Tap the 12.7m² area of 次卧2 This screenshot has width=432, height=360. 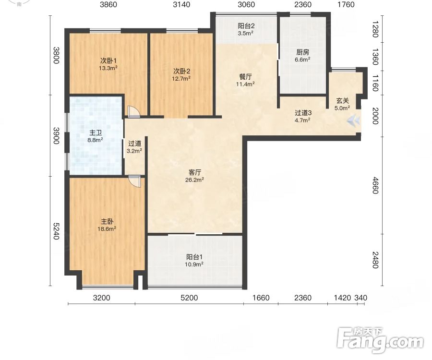pyautogui.click(x=181, y=79)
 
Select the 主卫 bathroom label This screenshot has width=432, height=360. pyautogui.click(x=96, y=133)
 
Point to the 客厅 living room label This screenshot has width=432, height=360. pyautogui.click(x=195, y=173)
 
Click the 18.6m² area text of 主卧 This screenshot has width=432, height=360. pyautogui.click(x=107, y=229)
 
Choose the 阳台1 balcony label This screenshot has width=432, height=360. pyautogui.click(x=194, y=257)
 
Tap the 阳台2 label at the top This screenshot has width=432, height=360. pyautogui.click(x=246, y=26)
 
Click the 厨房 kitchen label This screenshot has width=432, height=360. pyautogui.click(x=302, y=52)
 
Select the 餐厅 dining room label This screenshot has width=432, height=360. pyautogui.click(x=245, y=77)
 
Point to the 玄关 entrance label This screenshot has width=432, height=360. pyautogui.click(x=342, y=101)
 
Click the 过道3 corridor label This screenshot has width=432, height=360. pyautogui.click(x=303, y=113)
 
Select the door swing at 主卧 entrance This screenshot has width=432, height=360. pyautogui.click(x=135, y=182)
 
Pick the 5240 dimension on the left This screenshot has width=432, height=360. pyautogui.click(x=56, y=231)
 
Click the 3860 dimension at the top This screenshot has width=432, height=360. pyautogui.click(x=108, y=5)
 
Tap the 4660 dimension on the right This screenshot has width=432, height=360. pyautogui.click(x=375, y=185)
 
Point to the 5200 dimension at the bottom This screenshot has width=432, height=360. pyautogui.click(x=189, y=298)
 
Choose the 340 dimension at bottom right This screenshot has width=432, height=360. pyautogui.click(x=360, y=298)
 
